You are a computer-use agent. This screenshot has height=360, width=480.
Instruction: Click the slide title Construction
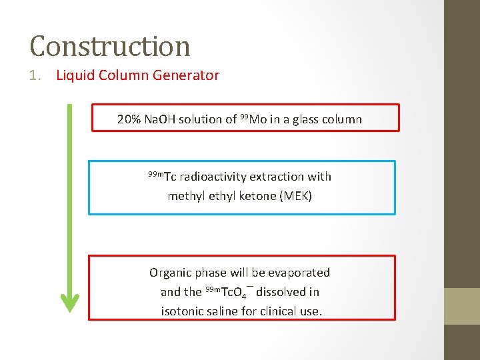click(110, 46)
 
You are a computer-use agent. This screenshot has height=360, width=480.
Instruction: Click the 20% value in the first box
click(129, 119)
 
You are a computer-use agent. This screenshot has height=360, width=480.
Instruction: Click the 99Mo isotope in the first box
click(253, 119)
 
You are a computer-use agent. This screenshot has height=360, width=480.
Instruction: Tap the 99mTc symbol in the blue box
click(162, 177)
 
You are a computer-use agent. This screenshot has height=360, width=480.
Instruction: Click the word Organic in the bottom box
click(169, 273)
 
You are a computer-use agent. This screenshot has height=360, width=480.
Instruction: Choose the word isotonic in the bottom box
click(183, 311)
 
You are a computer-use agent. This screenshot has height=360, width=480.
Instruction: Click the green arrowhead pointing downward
click(69, 303)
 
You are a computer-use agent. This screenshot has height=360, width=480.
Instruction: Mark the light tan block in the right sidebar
click(462, 306)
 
